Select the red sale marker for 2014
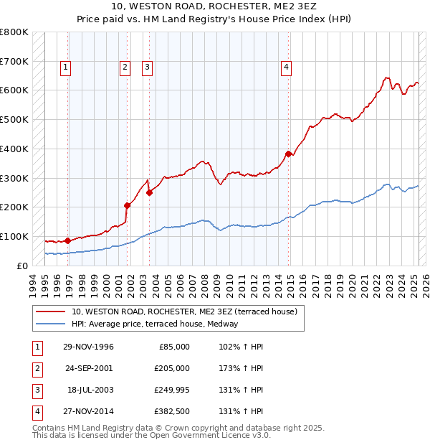click(288, 154)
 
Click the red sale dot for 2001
click(127, 205)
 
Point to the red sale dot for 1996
click(67, 240)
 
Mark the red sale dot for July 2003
click(149, 192)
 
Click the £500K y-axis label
click(14, 119)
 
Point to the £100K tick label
click(14, 236)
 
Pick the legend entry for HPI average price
click(154, 324)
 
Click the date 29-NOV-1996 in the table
click(88, 347)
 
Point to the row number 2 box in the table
click(37, 369)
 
